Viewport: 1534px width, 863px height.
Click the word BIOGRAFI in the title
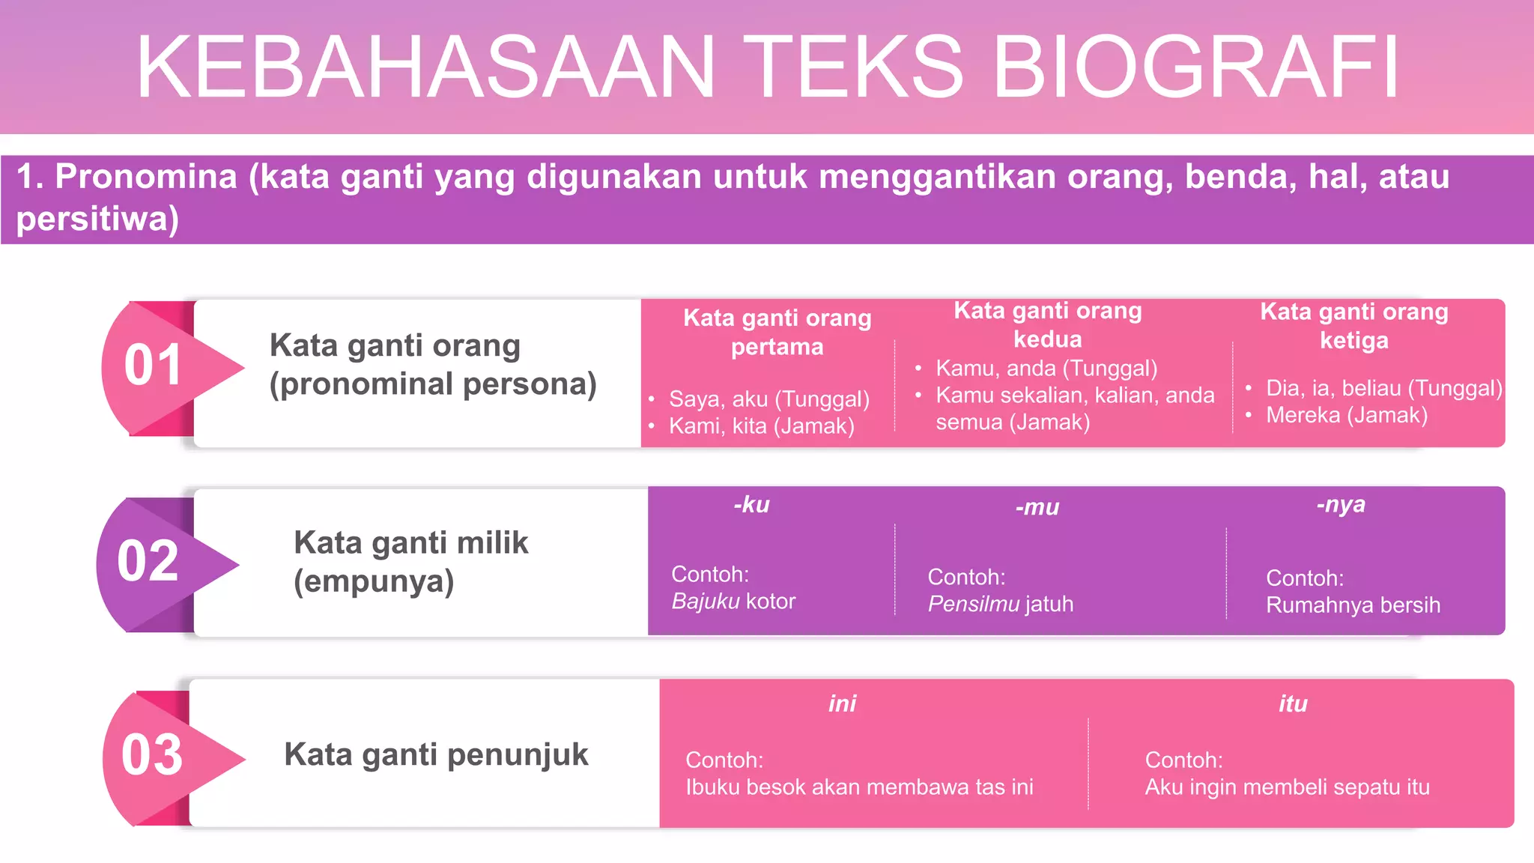click(x=1195, y=67)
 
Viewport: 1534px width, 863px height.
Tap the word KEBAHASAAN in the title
click(x=425, y=67)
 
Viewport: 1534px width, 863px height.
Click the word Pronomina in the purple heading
click(x=146, y=177)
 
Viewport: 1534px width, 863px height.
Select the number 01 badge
click(x=154, y=366)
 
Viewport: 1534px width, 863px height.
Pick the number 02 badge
click(x=148, y=561)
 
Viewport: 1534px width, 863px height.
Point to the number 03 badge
click(x=152, y=755)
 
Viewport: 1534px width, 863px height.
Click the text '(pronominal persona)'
click(x=433, y=384)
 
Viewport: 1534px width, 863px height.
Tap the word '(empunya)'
click(x=374, y=581)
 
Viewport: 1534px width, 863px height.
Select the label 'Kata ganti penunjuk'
click(x=436, y=754)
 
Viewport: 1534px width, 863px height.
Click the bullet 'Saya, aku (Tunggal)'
click(x=768, y=399)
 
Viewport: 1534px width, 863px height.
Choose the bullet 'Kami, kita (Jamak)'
click(x=761, y=426)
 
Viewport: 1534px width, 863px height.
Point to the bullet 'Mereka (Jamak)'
click(x=1346, y=415)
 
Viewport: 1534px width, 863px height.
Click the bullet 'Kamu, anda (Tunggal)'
click(x=1046, y=369)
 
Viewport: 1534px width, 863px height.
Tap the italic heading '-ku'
click(x=751, y=505)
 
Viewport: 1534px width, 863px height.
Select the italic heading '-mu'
click(x=1037, y=508)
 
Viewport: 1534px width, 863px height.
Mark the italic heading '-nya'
click(x=1341, y=505)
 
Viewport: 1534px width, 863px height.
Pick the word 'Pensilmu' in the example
click(x=973, y=605)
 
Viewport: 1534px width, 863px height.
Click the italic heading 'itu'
click(x=1293, y=704)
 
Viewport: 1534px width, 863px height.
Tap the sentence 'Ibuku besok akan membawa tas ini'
click(x=859, y=787)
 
